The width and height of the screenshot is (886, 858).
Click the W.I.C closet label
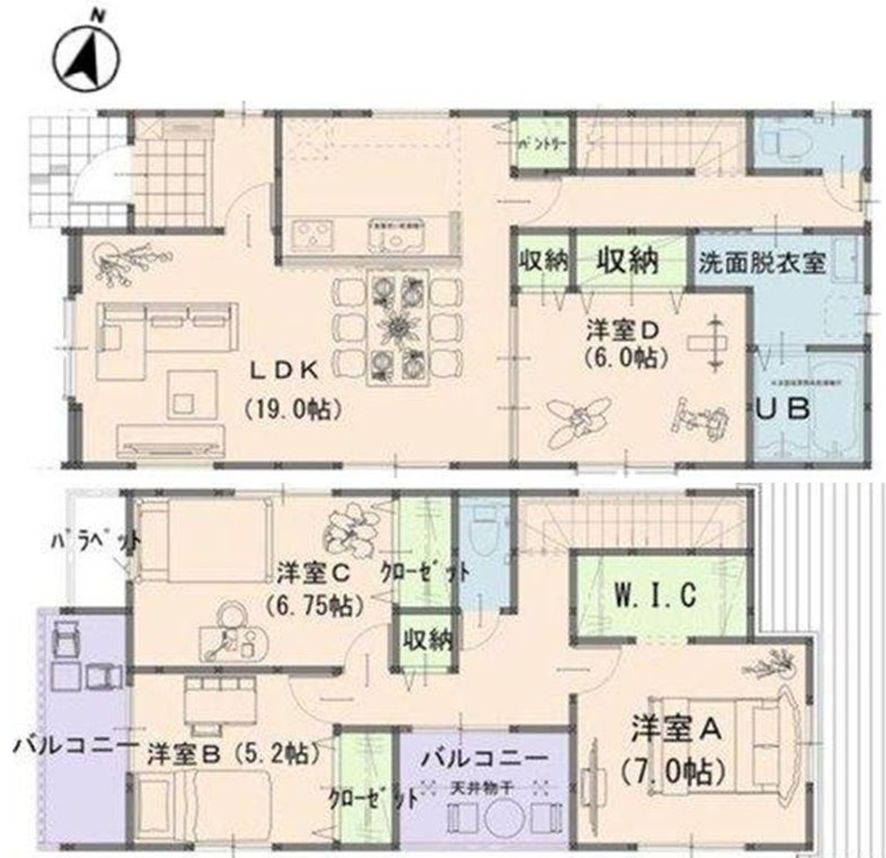pos(656,595)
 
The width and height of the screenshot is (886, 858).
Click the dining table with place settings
pos(398,328)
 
